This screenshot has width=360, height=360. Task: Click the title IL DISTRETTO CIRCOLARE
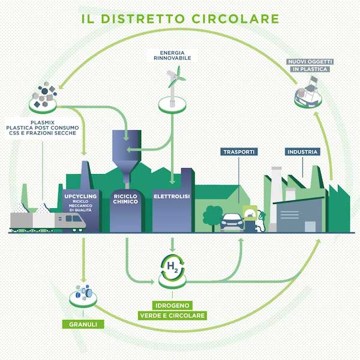click(180, 18)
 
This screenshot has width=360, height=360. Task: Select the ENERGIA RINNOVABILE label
click(173, 56)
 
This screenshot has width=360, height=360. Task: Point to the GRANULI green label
click(82, 325)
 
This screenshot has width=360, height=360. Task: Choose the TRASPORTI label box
click(239, 152)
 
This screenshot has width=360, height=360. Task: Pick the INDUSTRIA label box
click(302, 152)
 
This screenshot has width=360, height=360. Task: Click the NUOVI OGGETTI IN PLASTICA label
click(310, 65)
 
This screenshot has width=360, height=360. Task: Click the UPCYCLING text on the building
click(80, 197)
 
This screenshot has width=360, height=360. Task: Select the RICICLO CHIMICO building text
click(126, 199)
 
